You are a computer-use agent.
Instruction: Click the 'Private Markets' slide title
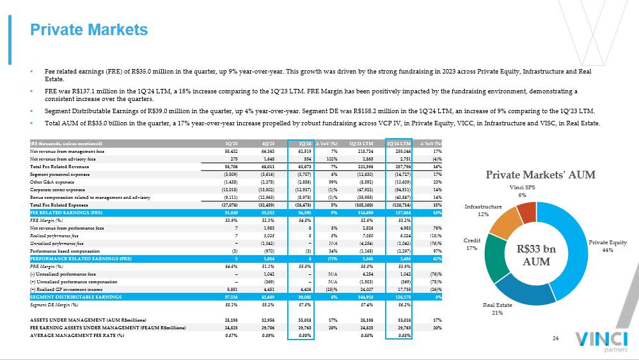click(x=90, y=29)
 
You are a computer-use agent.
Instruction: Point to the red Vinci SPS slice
click(x=526, y=211)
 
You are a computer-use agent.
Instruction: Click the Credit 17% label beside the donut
click(x=472, y=244)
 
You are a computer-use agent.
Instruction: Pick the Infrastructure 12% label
click(x=483, y=210)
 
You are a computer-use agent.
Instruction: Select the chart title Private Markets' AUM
click(x=540, y=175)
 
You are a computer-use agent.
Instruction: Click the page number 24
click(x=556, y=338)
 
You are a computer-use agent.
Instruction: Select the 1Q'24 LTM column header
click(x=398, y=143)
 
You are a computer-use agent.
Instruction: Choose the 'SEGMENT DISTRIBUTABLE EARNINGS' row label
click(x=76, y=297)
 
